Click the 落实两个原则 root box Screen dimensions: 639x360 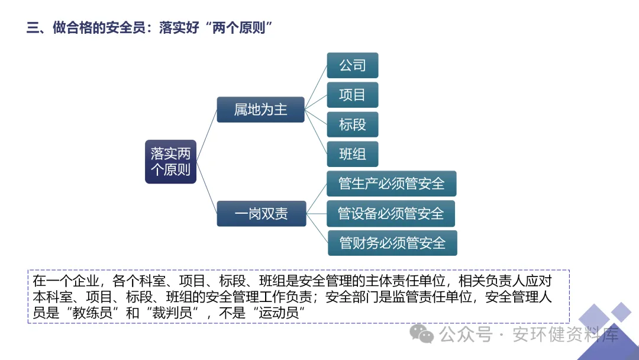coord(170,162)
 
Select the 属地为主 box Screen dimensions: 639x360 coord(260,110)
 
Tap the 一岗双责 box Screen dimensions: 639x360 coord(261,214)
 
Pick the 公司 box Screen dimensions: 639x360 coord(352,65)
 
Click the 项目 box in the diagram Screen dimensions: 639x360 coord(352,95)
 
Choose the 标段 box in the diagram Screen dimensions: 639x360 coord(352,124)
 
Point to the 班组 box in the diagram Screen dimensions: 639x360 coord(352,154)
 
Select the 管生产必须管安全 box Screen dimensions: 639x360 coord(391,184)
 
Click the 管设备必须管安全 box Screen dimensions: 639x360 coord(390,213)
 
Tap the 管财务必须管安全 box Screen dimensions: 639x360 coord(392,243)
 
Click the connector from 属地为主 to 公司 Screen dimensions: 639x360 coord(316,87)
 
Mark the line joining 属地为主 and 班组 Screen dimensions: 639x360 coord(316,131)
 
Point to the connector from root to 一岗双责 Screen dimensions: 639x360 coord(206,188)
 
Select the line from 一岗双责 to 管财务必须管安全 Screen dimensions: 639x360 coord(317,229)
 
